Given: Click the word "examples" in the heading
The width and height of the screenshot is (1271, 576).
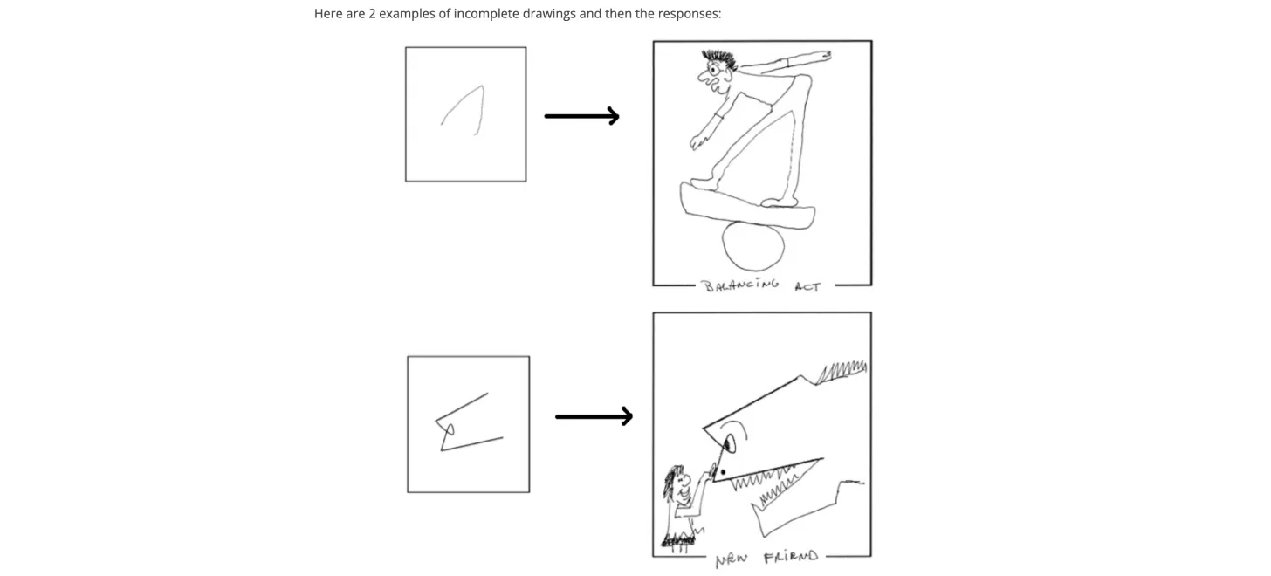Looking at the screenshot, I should (405, 14).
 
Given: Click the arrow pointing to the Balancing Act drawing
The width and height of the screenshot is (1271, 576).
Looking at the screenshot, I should (581, 116).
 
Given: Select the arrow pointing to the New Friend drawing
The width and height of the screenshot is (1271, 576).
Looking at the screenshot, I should (594, 416).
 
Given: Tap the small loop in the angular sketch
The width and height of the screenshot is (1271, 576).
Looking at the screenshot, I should (450, 429).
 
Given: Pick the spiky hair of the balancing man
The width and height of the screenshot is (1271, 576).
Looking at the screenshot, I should (721, 62).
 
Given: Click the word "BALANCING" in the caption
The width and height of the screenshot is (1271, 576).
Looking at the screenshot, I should (741, 285).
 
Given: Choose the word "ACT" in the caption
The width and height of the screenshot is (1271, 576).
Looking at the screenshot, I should (807, 286).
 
